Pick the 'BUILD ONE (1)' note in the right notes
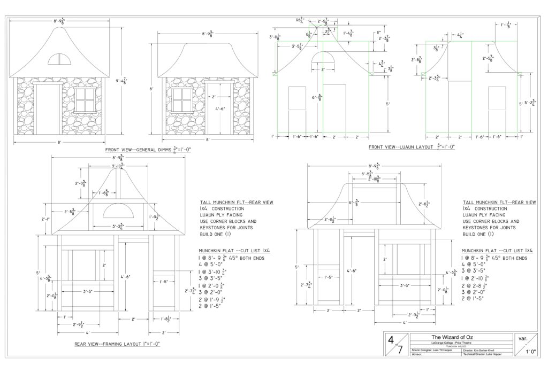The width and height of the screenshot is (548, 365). tap(480, 234)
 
